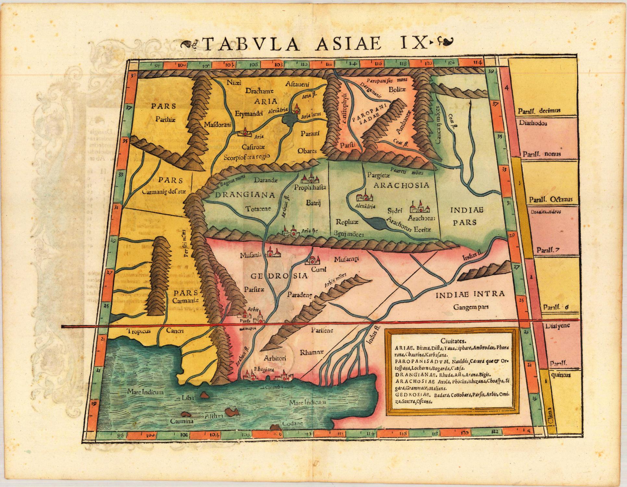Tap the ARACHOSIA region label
[x=401, y=185]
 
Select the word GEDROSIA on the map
[x=279, y=276]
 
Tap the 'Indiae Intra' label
[x=470, y=294]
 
